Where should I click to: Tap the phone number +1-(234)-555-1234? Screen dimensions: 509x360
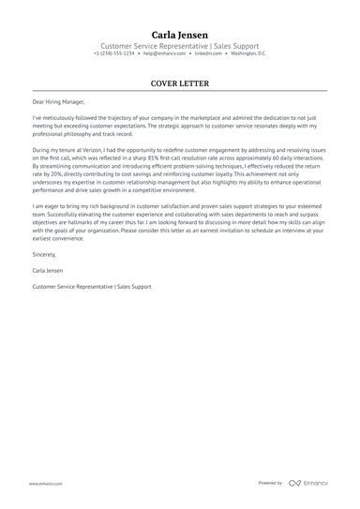tap(114, 53)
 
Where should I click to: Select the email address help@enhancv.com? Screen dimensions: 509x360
tap(163, 53)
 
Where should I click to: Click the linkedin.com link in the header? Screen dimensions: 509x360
tap(210, 53)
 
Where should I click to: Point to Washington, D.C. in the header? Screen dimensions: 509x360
tap(248, 53)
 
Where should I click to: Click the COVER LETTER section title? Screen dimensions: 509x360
tap(180, 82)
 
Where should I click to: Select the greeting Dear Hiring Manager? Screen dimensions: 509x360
tap(58, 101)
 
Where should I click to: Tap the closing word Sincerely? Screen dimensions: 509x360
tap(45, 254)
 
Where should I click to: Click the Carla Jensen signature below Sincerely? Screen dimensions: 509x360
tap(48, 270)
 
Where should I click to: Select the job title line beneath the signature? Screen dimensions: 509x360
tap(91, 286)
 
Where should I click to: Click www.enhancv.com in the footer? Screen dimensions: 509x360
tap(45, 484)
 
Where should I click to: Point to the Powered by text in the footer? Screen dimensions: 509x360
tap(270, 484)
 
